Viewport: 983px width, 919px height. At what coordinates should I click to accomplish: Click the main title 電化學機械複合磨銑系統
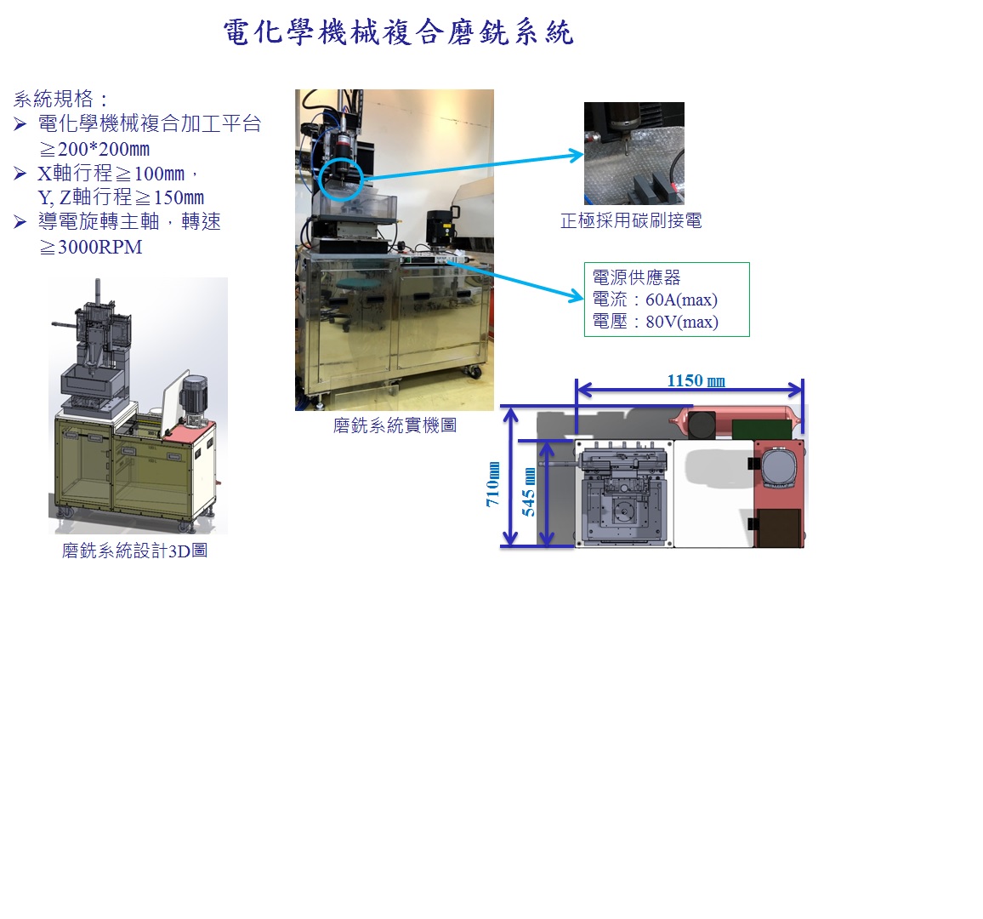[x=398, y=32]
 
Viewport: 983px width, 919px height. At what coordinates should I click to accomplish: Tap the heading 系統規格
[x=54, y=99]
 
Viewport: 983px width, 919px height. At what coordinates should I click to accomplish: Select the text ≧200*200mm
[x=94, y=149]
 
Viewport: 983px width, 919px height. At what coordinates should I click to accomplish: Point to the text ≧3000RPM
[x=91, y=247]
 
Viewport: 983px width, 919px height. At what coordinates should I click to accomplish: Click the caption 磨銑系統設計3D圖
[x=135, y=551]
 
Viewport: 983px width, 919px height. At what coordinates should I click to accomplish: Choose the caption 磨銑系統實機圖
[x=395, y=425]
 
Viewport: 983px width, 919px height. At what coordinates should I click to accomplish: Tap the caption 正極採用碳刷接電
[x=631, y=220]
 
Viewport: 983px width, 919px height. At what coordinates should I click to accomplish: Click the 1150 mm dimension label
[x=696, y=380]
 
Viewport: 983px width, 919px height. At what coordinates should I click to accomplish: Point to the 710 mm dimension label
[x=493, y=484]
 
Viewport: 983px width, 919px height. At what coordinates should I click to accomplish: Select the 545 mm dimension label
[x=529, y=493]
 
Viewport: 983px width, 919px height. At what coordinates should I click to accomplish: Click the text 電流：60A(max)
[x=655, y=300]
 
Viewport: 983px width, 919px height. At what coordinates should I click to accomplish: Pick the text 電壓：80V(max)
[x=655, y=322]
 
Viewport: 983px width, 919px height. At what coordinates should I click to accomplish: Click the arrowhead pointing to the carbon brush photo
[x=577, y=155]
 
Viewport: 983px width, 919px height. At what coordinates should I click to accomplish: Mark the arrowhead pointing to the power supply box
[x=577, y=295]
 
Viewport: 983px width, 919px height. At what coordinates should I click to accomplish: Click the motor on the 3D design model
[x=193, y=397]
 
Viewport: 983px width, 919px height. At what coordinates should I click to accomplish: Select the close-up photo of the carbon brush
[x=634, y=153]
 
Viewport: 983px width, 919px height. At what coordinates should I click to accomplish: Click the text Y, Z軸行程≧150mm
[x=121, y=197]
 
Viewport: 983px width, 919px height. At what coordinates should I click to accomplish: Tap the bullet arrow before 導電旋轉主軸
[x=20, y=221]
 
